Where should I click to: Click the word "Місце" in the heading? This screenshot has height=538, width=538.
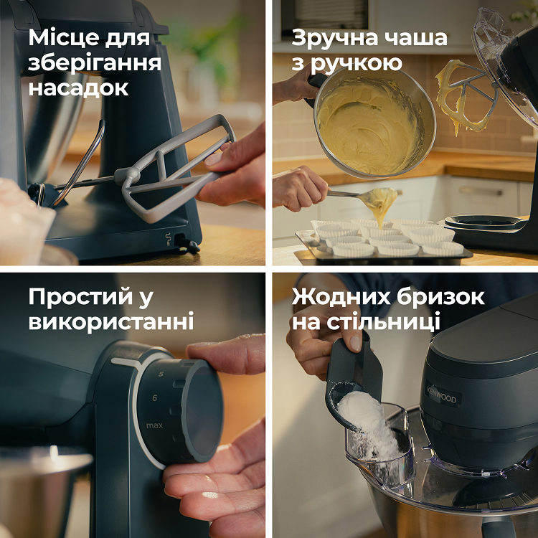tap(63, 38)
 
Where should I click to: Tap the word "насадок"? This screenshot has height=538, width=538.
tap(79, 88)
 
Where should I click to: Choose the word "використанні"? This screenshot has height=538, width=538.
tap(111, 322)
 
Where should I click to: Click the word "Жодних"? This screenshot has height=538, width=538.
tap(333, 297)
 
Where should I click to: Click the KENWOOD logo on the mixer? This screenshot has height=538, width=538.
tap(443, 395)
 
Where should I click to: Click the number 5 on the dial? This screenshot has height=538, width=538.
tap(160, 374)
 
